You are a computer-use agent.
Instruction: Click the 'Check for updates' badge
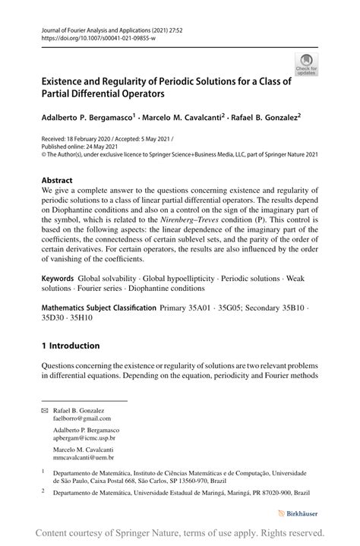pyautogui.click(x=306, y=64)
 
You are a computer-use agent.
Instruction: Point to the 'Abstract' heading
pyautogui.click(x=59, y=181)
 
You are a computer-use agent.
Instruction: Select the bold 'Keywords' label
pyautogui.click(x=58, y=279)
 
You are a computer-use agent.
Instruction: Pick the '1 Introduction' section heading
pyautogui.click(x=71, y=346)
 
